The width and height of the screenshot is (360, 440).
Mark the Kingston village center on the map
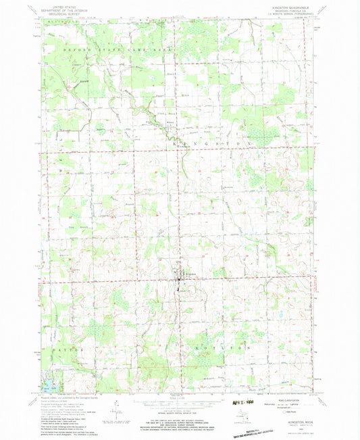[179, 276]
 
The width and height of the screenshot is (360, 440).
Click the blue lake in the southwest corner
[48, 388]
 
